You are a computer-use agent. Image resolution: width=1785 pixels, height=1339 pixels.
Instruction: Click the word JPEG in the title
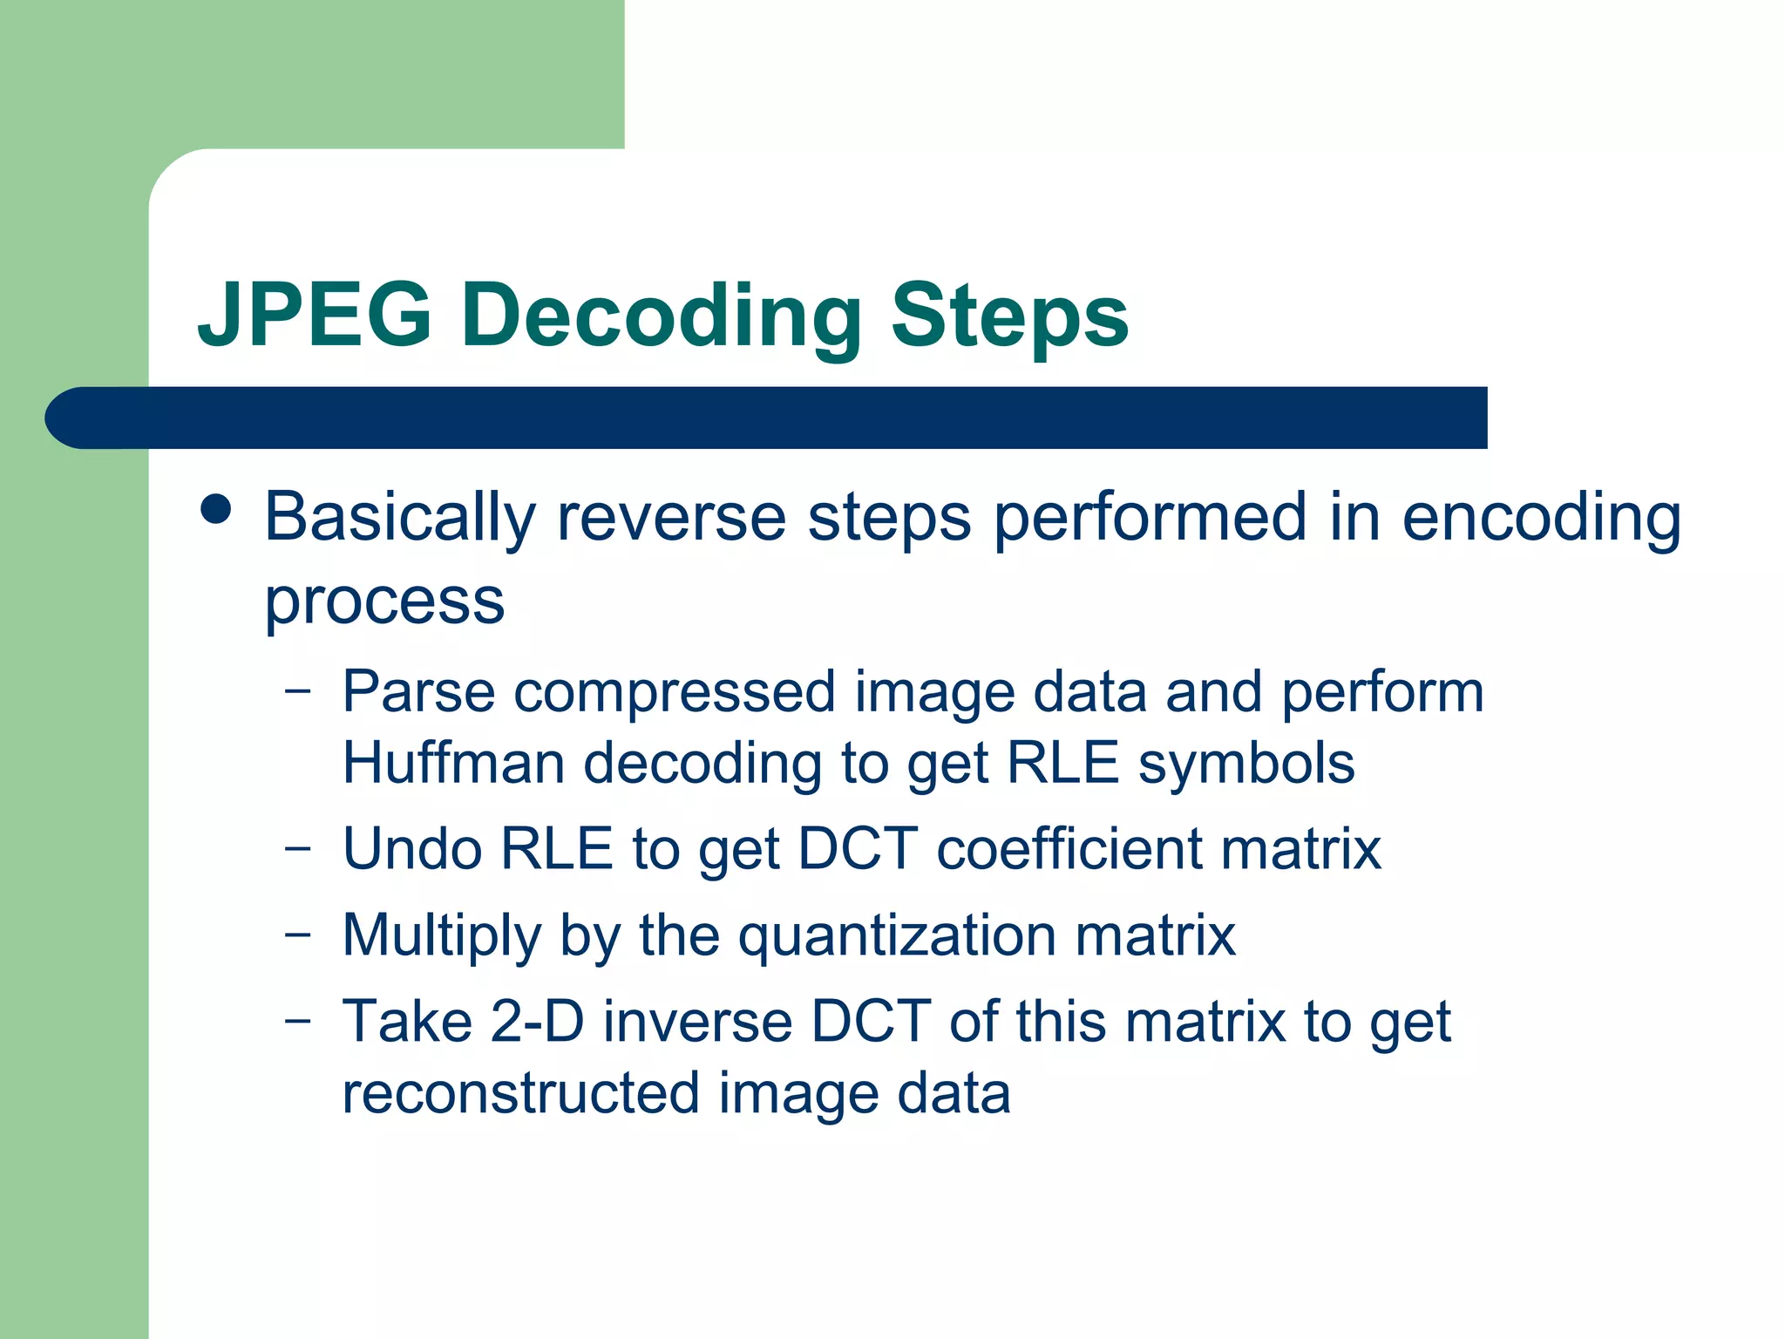(x=315, y=316)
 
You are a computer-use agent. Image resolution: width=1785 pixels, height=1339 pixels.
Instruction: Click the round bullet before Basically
(x=215, y=510)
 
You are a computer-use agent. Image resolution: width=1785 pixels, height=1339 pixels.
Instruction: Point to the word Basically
(x=400, y=519)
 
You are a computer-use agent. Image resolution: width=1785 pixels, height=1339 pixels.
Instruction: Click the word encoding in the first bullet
(x=1541, y=519)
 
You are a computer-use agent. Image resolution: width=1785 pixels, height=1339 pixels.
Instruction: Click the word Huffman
(x=452, y=763)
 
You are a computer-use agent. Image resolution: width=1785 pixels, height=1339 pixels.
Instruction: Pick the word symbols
(x=1246, y=765)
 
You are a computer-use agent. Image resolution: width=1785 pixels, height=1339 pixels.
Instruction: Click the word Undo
(x=412, y=848)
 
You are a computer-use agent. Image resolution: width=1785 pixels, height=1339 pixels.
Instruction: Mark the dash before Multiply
(x=297, y=935)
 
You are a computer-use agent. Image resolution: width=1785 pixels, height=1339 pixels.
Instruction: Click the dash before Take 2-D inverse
(x=297, y=1020)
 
